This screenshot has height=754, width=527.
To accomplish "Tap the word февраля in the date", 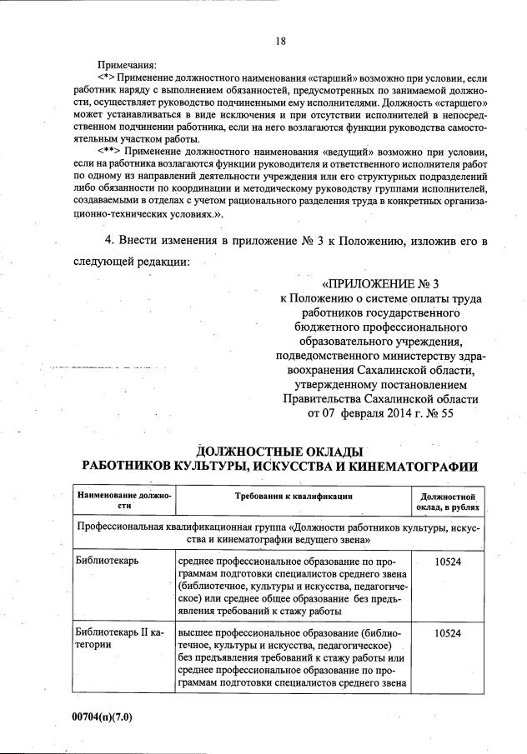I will point(364,413).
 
